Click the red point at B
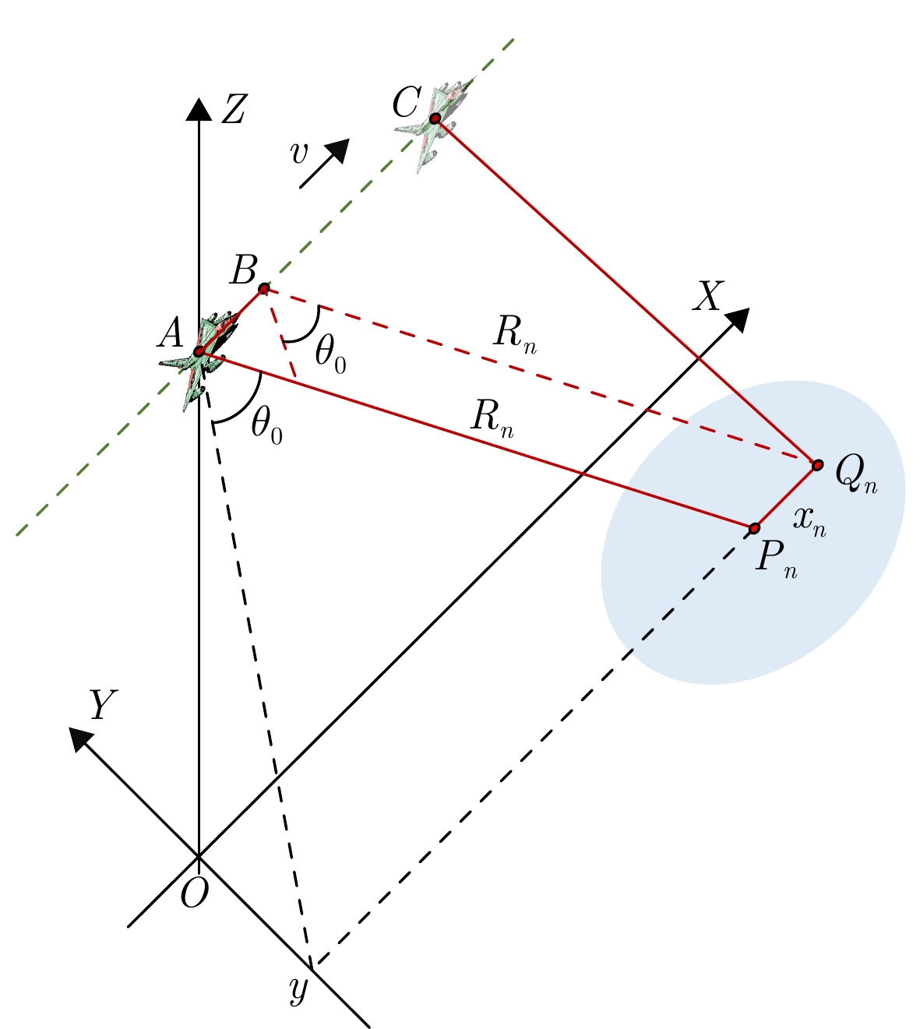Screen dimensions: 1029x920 [x=263, y=289]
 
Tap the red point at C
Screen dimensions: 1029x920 [x=435, y=118]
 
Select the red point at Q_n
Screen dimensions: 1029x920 [x=817, y=465]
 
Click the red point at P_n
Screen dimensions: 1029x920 [x=754, y=529]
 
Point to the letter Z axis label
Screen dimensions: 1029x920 [x=233, y=111]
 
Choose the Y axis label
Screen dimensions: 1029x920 [x=102, y=707]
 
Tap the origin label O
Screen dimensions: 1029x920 [x=194, y=895]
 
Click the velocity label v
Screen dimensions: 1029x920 [x=298, y=154]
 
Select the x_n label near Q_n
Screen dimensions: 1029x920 [x=809, y=520]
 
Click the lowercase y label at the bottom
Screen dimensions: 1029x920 [x=298, y=990]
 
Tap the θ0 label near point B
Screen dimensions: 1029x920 [x=330, y=355]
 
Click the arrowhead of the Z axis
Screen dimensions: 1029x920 [x=199, y=108]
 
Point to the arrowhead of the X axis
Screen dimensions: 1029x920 [x=737, y=319]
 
